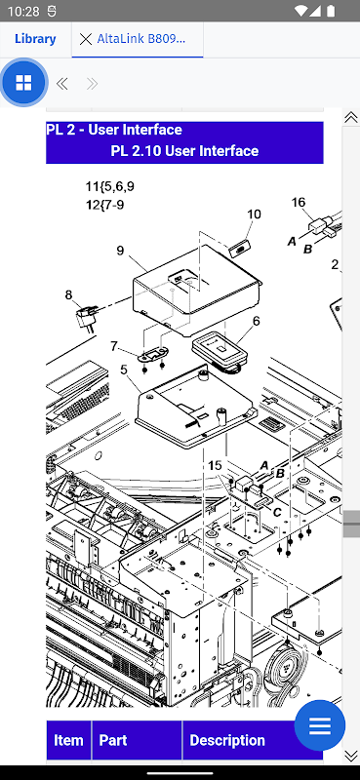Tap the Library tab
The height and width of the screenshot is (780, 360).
click(35, 39)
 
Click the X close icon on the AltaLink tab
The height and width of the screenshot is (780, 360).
click(86, 39)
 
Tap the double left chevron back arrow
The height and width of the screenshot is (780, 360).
click(62, 84)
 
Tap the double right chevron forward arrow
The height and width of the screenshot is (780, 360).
click(92, 84)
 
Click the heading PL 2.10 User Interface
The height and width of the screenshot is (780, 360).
click(184, 151)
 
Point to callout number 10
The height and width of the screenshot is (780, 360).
click(254, 214)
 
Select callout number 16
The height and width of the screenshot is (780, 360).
click(299, 203)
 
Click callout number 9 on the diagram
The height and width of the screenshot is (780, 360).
click(121, 251)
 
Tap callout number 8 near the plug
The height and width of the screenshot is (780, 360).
click(68, 295)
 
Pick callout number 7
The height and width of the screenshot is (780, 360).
click(114, 346)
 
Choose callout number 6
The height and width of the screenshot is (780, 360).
click(256, 321)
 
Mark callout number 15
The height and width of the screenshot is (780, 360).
click(215, 465)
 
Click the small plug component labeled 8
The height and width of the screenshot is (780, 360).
click(85, 320)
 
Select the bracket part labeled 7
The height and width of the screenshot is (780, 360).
click(153, 355)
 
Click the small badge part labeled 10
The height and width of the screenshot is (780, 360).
click(241, 247)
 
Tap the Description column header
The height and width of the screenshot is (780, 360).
click(227, 740)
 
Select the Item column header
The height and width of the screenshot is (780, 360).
click(68, 740)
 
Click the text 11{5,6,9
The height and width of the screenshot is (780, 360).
click(109, 187)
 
